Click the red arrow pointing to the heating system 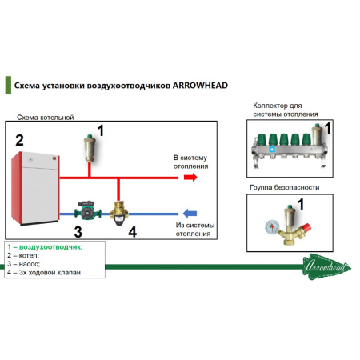[190, 177]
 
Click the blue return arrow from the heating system [190, 214]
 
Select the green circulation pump [88, 210]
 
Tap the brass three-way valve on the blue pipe [119, 214]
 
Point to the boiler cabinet [35, 188]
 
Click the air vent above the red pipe [90, 149]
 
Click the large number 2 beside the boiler [19, 140]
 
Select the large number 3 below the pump [78, 232]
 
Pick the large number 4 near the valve [133, 231]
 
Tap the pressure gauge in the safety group [272, 227]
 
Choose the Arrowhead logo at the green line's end [327, 266]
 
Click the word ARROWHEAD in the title [200, 86]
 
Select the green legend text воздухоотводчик [50, 247]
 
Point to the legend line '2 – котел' [23, 255]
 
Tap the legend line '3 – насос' [24, 264]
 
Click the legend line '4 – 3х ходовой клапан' [44, 273]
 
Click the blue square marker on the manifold [272, 150]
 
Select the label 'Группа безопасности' [285, 187]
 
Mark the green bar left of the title [8, 85]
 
